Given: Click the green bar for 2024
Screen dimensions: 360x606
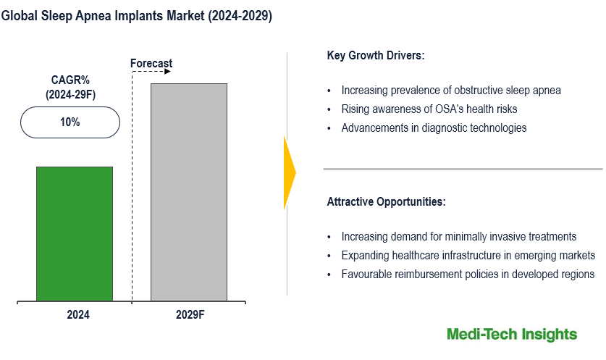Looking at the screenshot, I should (75, 233).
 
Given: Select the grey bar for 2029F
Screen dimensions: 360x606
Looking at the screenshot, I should (188, 192).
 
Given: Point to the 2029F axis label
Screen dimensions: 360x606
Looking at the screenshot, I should (190, 315).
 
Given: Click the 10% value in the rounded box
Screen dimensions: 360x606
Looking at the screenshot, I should (70, 122).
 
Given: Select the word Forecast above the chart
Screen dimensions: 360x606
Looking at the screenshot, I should (151, 64).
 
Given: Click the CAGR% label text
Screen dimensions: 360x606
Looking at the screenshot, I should (70, 80).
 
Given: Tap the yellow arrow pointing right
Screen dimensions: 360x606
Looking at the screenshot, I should (290, 172).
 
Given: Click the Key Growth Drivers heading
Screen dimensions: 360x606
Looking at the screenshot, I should (376, 55).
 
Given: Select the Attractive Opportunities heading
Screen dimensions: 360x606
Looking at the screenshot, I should (387, 201).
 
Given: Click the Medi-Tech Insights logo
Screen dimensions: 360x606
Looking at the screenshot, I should (512, 334).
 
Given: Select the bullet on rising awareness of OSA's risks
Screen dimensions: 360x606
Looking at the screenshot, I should (429, 109).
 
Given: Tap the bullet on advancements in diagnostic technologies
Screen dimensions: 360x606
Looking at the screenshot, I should (434, 127).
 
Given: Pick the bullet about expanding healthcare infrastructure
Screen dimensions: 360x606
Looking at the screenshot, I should (468, 256).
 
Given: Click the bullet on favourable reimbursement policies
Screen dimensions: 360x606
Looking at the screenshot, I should (468, 274).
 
